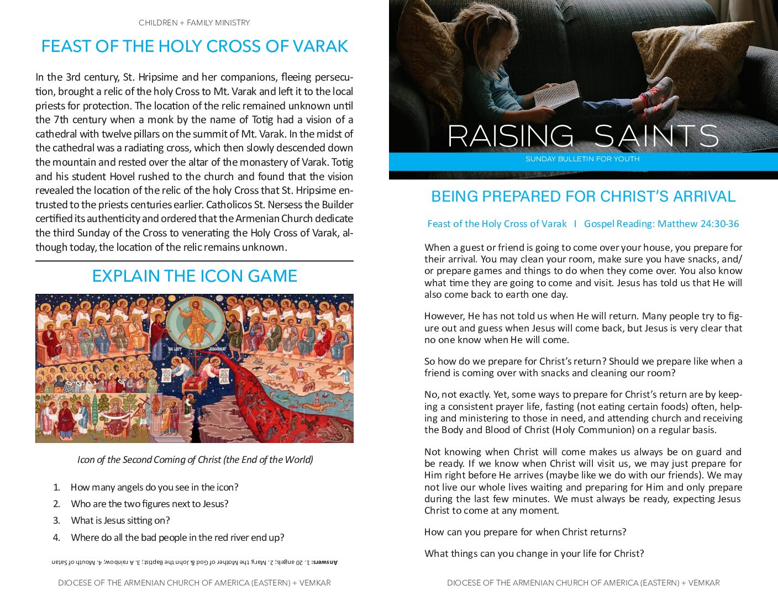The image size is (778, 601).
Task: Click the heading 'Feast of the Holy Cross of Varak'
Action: point(195,46)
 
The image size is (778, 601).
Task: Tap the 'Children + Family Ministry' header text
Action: point(195,23)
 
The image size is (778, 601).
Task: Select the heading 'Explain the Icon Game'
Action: point(195,276)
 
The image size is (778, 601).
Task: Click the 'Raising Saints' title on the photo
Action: point(582,136)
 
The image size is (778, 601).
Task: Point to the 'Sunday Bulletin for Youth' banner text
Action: point(582,159)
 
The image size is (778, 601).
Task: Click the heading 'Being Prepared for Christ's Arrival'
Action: point(583,196)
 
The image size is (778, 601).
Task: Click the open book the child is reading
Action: point(557,94)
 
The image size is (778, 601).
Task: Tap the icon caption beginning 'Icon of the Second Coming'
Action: point(195,460)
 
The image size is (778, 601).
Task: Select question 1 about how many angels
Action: point(154,487)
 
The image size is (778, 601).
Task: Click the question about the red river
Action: point(177,537)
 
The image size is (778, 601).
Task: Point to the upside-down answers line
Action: point(195,562)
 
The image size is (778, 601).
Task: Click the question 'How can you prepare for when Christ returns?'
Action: point(525,532)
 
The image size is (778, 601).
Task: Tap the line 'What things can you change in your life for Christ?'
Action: point(534,553)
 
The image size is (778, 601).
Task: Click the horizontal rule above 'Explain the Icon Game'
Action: point(195,261)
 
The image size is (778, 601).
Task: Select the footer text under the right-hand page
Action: point(583,583)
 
